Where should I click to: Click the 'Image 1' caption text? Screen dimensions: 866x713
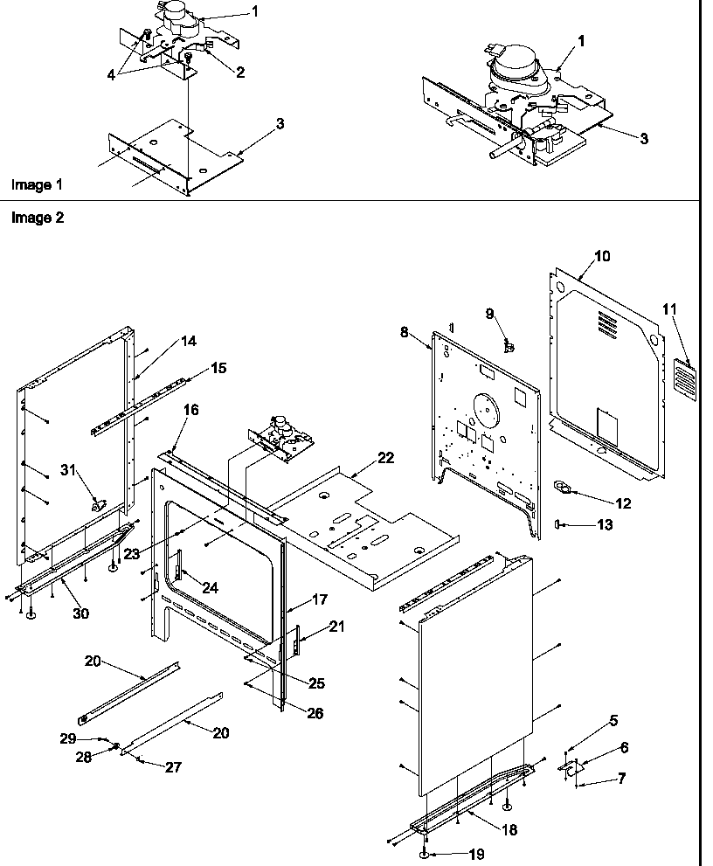point(37,184)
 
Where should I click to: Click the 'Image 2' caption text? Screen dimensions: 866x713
point(37,218)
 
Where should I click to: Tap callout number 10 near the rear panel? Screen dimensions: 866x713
point(603,256)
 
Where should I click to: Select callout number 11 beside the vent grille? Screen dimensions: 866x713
point(669,309)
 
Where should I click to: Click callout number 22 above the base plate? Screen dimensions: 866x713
point(385,458)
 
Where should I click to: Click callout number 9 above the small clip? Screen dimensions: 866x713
point(490,313)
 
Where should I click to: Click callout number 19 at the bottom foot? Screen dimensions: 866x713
point(475,854)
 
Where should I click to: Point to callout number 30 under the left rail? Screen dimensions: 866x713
point(80,613)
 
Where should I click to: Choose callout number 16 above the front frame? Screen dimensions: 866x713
point(190,409)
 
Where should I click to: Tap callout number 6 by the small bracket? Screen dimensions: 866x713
point(624,747)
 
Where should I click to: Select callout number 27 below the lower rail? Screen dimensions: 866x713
point(173,766)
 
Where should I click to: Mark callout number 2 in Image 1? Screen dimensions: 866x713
point(239,73)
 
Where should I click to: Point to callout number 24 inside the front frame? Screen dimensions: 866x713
point(211,587)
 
